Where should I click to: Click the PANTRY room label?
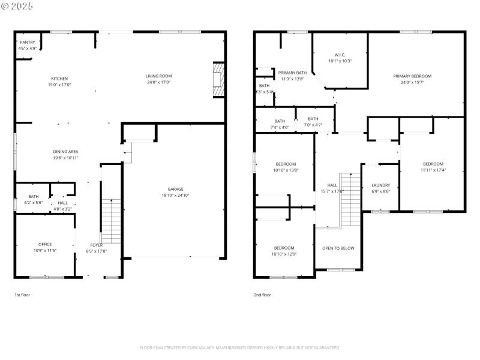pos(28,43)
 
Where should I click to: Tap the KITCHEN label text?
pos(59,79)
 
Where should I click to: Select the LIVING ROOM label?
pos(158,76)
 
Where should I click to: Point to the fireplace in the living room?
pos(218,79)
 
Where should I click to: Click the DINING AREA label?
pos(66,152)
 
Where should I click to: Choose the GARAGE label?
pos(175,189)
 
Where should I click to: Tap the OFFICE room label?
pos(45,244)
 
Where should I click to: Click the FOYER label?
pos(97,245)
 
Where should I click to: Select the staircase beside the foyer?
pos(112,220)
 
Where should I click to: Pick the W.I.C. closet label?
pos(340,55)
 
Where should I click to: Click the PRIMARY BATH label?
pos(292,73)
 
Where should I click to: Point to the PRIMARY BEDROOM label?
pos(412,76)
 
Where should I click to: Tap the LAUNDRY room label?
pos(380,185)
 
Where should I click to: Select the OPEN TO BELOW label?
pos(338,248)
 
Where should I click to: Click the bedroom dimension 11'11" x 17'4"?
pos(433,170)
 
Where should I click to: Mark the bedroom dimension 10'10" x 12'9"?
pos(284,254)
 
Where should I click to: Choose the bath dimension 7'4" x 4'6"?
pos(280,127)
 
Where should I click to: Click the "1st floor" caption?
pos(22,295)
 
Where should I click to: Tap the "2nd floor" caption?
pos(262,295)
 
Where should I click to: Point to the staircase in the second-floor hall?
pos(350,198)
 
